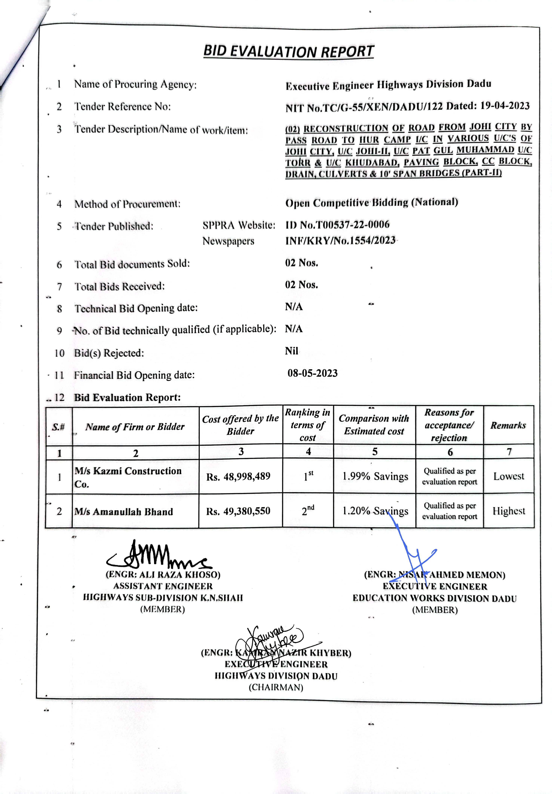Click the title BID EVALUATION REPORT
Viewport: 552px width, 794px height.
tap(289, 51)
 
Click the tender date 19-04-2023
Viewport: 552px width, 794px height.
tap(505, 106)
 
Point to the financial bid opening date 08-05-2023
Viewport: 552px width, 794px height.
tap(312, 373)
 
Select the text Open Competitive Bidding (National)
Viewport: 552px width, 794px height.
tap(371, 203)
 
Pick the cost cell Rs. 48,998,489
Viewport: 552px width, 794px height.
tap(238, 477)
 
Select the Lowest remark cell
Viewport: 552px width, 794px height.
tap(508, 476)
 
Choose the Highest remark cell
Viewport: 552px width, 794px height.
tap(508, 511)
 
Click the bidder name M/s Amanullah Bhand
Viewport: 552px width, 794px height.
tap(123, 512)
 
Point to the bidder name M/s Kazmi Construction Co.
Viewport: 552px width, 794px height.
tap(128, 477)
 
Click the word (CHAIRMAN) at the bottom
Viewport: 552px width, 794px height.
tap(276, 687)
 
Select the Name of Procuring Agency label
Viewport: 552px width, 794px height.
tap(135, 84)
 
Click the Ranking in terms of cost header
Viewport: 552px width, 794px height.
tap(307, 425)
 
